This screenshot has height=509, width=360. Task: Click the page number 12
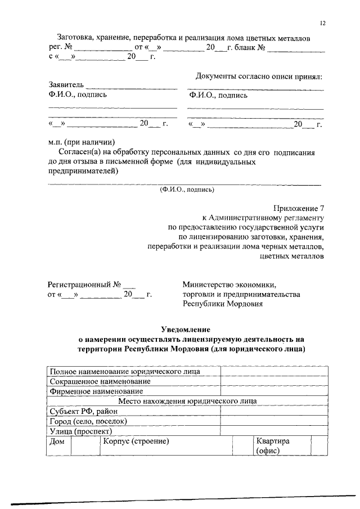pyautogui.click(x=323, y=23)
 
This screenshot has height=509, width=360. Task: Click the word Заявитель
pyautogui.click(x=66, y=85)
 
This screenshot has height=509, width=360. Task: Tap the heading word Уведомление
pyautogui.click(x=185, y=329)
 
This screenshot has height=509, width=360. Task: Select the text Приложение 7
pyautogui.click(x=298, y=208)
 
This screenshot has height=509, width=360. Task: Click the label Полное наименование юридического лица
pyautogui.click(x=124, y=372)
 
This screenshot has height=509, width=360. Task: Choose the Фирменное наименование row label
pyautogui.click(x=96, y=391)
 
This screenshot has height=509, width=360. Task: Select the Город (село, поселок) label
pyautogui.click(x=88, y=421)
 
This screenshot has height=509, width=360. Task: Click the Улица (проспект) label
pyautogui.click(x=81, y=431)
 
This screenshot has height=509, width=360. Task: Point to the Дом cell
pyautogui.click(x=57, y=442)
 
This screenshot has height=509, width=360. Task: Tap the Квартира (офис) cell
pyautogui.click(x=272, y=446)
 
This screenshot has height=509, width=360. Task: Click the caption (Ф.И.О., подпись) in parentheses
pyautogui.click(x=187, y=189)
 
